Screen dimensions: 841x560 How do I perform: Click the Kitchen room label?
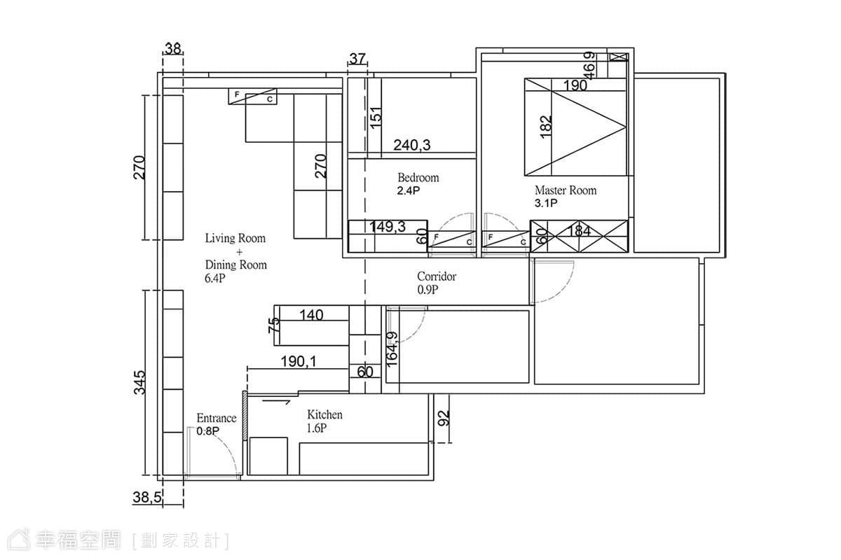click(324, 414)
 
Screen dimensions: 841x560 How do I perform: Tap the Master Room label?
click(566, 190)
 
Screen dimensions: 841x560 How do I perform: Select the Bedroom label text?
click(418, 177)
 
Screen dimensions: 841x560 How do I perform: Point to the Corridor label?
click(437, 276)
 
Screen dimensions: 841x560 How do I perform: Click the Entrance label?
click(217, 418)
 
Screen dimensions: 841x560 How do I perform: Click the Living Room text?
click(235, 238)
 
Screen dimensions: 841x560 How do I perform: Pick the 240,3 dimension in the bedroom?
click(412, 145)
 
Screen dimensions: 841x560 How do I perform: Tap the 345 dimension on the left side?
click(139, 382)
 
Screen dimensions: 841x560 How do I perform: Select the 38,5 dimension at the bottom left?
click(147, 498)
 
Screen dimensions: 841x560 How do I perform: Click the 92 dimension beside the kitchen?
click(444, 418)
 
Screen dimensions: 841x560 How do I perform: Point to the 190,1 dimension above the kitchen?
click(299, 362)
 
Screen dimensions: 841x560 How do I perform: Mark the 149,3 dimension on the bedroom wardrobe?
click(388, 227)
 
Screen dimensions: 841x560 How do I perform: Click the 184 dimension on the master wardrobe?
click(580, 231)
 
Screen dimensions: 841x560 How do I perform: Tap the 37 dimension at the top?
click(357, 59)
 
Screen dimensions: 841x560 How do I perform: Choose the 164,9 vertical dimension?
click(392, 349)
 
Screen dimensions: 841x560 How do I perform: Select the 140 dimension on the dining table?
click(311, 315)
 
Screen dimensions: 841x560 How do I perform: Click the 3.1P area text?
click(546, 203)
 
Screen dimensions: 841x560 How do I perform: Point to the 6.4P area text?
click(214, 279)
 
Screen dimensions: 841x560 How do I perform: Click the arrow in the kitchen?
click(276, 402)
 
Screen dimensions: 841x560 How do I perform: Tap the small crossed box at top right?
click(618, 57)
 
